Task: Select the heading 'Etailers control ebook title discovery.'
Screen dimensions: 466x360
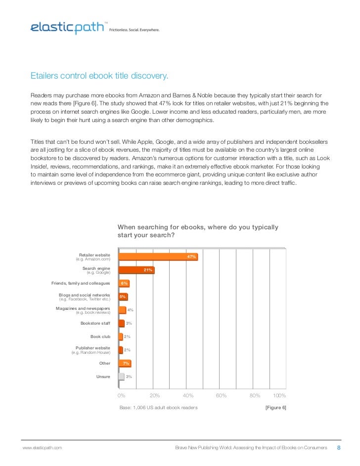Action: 99,76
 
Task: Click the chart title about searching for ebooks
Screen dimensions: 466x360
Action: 197,231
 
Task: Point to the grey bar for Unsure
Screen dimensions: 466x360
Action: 121,377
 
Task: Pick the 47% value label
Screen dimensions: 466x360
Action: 191,257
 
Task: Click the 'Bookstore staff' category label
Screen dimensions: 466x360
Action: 95,323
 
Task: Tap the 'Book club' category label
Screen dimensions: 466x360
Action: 100,337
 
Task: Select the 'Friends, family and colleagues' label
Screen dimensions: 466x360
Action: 81,283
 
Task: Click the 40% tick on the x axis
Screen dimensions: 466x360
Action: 188,396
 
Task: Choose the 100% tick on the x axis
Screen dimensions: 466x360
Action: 279,396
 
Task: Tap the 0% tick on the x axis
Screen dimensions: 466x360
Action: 121,396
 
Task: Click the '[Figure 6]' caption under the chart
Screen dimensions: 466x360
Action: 276,408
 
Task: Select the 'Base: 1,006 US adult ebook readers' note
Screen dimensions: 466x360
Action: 159,408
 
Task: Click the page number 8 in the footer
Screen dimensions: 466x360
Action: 339,448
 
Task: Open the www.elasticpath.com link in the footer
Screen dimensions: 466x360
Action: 43,448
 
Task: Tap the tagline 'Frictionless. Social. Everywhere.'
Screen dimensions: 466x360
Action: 135,30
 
